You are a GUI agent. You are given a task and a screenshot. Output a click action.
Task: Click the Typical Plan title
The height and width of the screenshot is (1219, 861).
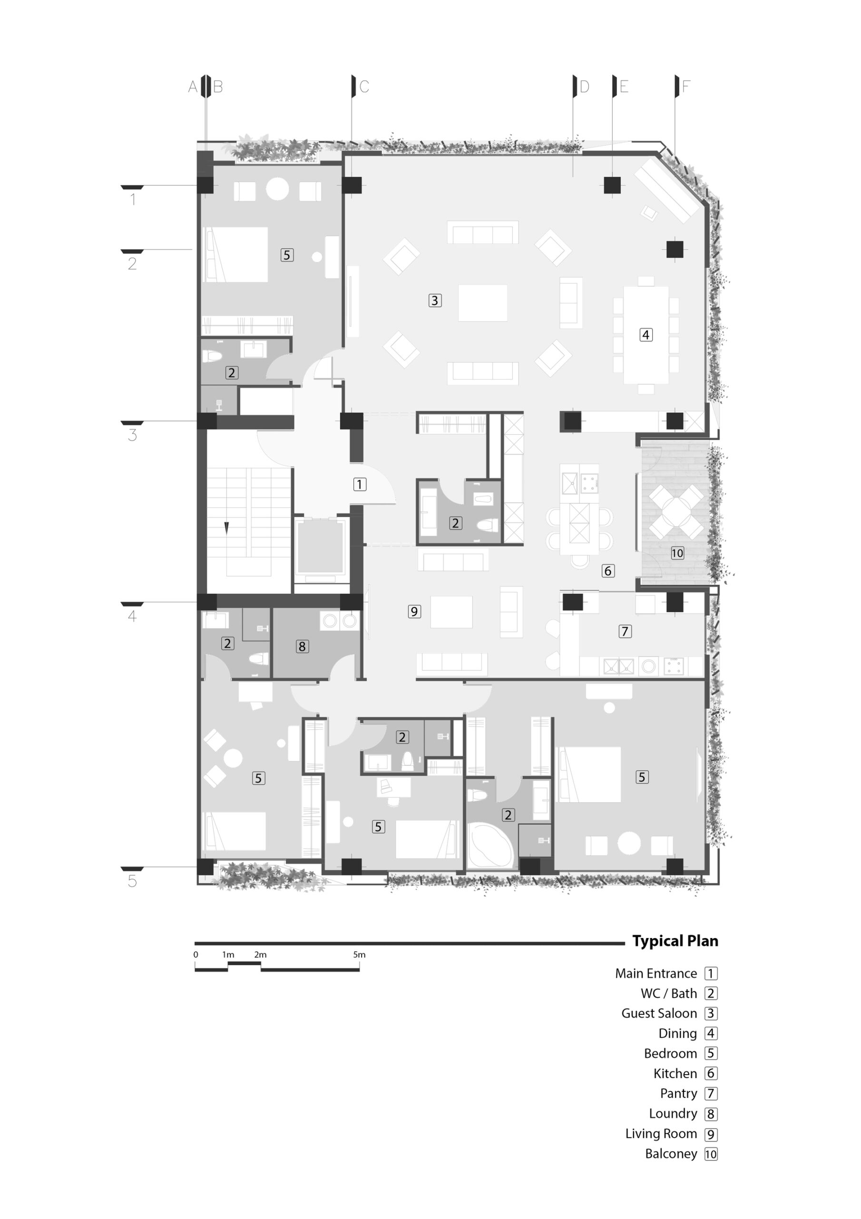point(675,941)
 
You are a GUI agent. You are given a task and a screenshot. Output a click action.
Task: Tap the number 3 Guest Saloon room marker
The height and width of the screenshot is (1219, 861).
point(435,300)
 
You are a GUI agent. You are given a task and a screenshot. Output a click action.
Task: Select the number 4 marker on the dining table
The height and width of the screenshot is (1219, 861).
point(646,335)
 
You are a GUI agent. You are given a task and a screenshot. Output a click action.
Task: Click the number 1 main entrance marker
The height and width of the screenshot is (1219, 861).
point(360,484)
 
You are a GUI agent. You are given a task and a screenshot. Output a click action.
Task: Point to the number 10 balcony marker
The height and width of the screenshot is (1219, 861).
point(677,553)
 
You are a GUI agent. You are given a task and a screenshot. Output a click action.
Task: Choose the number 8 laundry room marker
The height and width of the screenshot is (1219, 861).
point(302,646)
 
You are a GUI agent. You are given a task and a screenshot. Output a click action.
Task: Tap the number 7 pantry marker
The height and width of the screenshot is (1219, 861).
point(625,631)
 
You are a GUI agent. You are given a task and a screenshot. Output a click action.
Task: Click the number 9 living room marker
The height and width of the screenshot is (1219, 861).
point(414,611)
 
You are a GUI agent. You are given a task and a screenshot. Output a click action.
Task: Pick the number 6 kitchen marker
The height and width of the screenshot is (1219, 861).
point(608,571)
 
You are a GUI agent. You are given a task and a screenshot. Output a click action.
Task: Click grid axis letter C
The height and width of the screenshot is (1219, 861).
point(364,87)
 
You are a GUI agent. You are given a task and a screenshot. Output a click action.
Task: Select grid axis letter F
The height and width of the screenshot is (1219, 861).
point(686,87)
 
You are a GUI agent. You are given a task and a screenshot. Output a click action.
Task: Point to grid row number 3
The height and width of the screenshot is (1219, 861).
point(133,435)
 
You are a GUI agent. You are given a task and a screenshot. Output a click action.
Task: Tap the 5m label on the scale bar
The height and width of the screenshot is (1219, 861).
point(359,955)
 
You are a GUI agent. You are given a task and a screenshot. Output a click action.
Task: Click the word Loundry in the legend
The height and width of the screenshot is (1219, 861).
point(673,1113)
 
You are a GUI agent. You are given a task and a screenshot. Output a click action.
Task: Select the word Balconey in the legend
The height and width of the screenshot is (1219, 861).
point(671,1154)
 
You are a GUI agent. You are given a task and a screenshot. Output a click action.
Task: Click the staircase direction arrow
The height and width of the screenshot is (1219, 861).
point(226,528)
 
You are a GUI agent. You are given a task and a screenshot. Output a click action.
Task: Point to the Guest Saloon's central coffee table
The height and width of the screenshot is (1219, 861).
point(483,303)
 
